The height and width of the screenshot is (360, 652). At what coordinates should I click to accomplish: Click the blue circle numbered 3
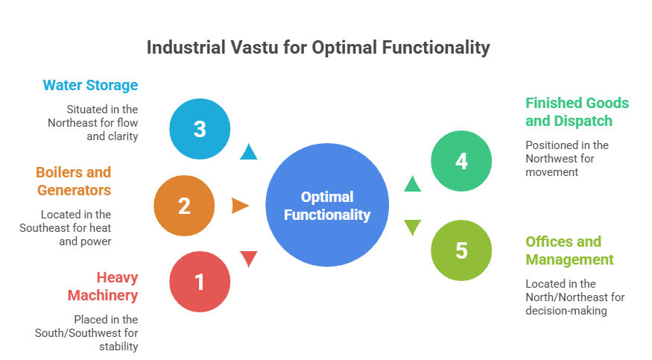(200, 129)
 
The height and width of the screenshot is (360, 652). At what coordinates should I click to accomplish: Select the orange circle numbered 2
(184, 206)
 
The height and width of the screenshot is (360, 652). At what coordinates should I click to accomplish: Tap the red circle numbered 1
(200, 282)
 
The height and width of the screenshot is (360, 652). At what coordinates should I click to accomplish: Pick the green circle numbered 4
(461, 160)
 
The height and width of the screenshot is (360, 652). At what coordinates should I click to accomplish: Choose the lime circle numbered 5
(461, 250)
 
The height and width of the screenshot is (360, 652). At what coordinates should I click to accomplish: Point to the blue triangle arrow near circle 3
(249, 153)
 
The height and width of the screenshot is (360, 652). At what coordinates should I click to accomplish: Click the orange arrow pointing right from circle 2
(240, 206)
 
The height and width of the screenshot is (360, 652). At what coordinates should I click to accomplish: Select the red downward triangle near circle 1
(249, 259)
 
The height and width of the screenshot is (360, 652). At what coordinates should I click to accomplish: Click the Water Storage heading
(90, 85)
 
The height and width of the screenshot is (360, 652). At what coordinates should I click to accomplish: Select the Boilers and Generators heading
(74, 181)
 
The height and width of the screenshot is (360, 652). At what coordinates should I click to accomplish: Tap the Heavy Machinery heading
(103, 286)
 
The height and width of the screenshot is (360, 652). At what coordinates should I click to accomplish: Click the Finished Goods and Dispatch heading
(577, 112)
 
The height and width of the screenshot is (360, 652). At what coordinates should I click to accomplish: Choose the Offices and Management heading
(569, 250)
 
